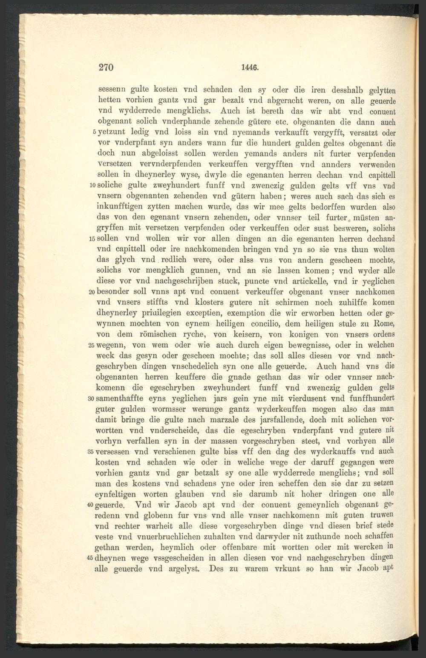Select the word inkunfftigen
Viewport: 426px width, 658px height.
coord(124,208)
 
